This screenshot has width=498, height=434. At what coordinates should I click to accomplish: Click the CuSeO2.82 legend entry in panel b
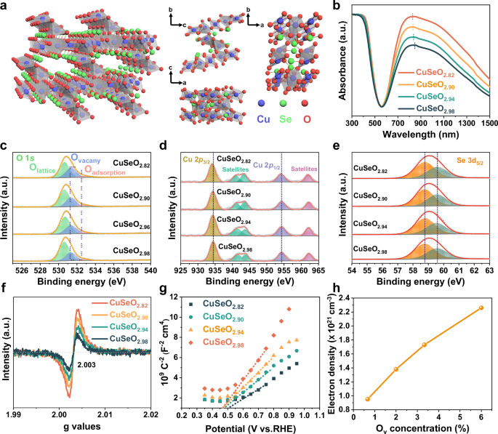click(441, 73)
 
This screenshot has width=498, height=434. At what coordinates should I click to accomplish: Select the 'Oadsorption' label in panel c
click(108, 169)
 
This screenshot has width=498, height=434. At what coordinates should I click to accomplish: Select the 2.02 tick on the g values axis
click(150, 414)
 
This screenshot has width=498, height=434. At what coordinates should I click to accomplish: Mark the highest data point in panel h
click(481, 308)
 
